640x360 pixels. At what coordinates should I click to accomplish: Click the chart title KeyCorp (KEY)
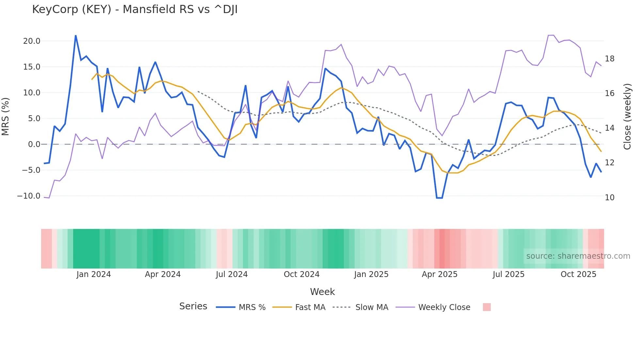(x=135, y=9)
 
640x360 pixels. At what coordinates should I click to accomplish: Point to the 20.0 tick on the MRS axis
(x=31, y=41)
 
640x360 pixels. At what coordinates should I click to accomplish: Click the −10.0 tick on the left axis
(x=29, y=196)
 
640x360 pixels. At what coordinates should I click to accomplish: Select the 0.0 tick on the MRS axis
(x=34, y=144)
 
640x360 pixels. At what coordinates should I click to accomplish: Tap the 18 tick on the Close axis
(x=609, y=59)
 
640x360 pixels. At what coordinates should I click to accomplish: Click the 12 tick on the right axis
(x=609, y=163)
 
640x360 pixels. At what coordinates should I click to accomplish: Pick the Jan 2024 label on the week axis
(x=94, y=274)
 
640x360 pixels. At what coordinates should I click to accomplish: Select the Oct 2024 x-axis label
(x=301, y=274)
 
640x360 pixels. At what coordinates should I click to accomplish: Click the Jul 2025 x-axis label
(x=508, y=274)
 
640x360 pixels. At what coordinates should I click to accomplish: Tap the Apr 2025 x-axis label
(x=440, y=274)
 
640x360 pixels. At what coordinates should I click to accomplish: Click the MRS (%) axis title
(x=6, y=117)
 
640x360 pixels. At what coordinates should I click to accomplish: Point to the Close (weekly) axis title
(x=627, y=117)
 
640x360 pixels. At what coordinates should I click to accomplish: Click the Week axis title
(x=322, y=292)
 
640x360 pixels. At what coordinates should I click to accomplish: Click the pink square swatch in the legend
(x=487, y=307)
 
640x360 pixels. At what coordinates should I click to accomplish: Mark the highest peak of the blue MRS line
(x=76, y=36)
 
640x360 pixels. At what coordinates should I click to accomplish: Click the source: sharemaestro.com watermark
(x=578, y=256)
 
